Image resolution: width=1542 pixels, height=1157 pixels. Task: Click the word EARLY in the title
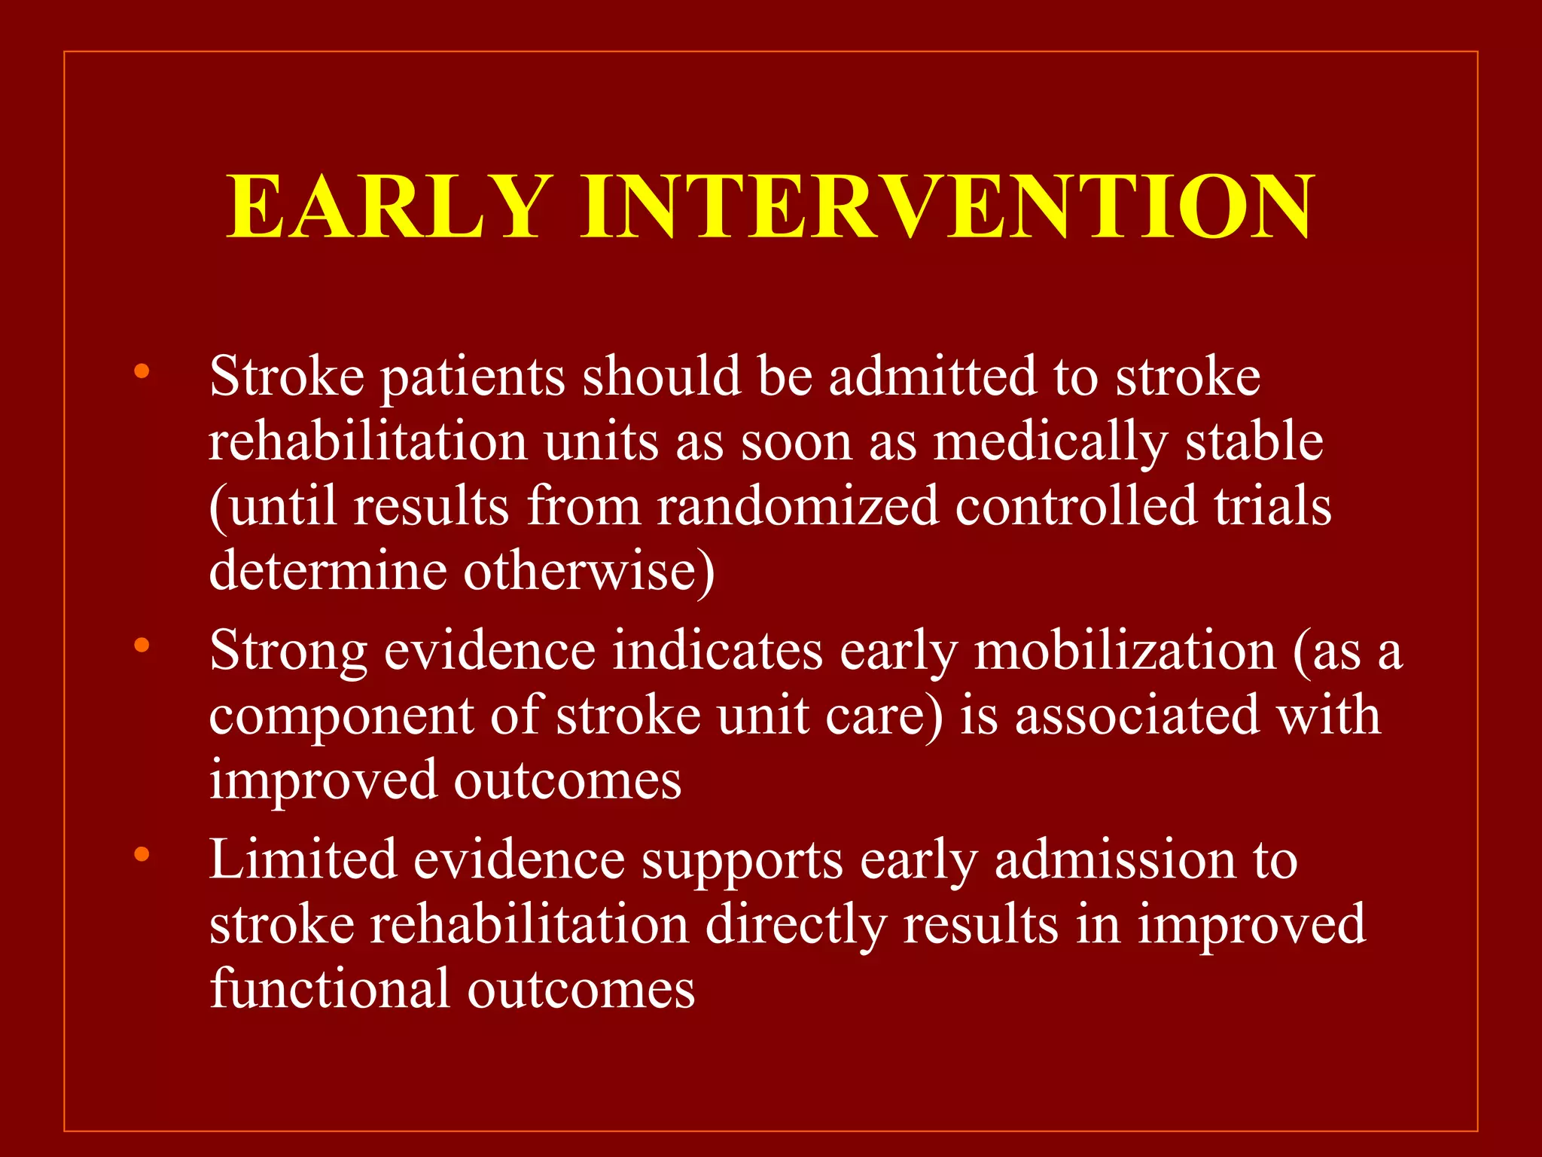tap(385, 206)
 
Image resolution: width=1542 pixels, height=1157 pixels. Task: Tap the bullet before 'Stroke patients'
tap(142, 371)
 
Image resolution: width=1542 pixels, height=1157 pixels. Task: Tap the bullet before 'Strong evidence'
tap(142, 645)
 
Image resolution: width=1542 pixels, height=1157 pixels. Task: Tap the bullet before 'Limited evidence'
tap(142, 854)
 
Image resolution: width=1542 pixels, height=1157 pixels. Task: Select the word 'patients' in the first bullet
tap(472, 377)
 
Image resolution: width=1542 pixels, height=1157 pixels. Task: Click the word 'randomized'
tap(797, 506)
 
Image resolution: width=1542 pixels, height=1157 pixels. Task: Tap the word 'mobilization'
tap(1125, 651)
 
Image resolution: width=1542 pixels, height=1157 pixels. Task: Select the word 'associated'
tap(1137, 716)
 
